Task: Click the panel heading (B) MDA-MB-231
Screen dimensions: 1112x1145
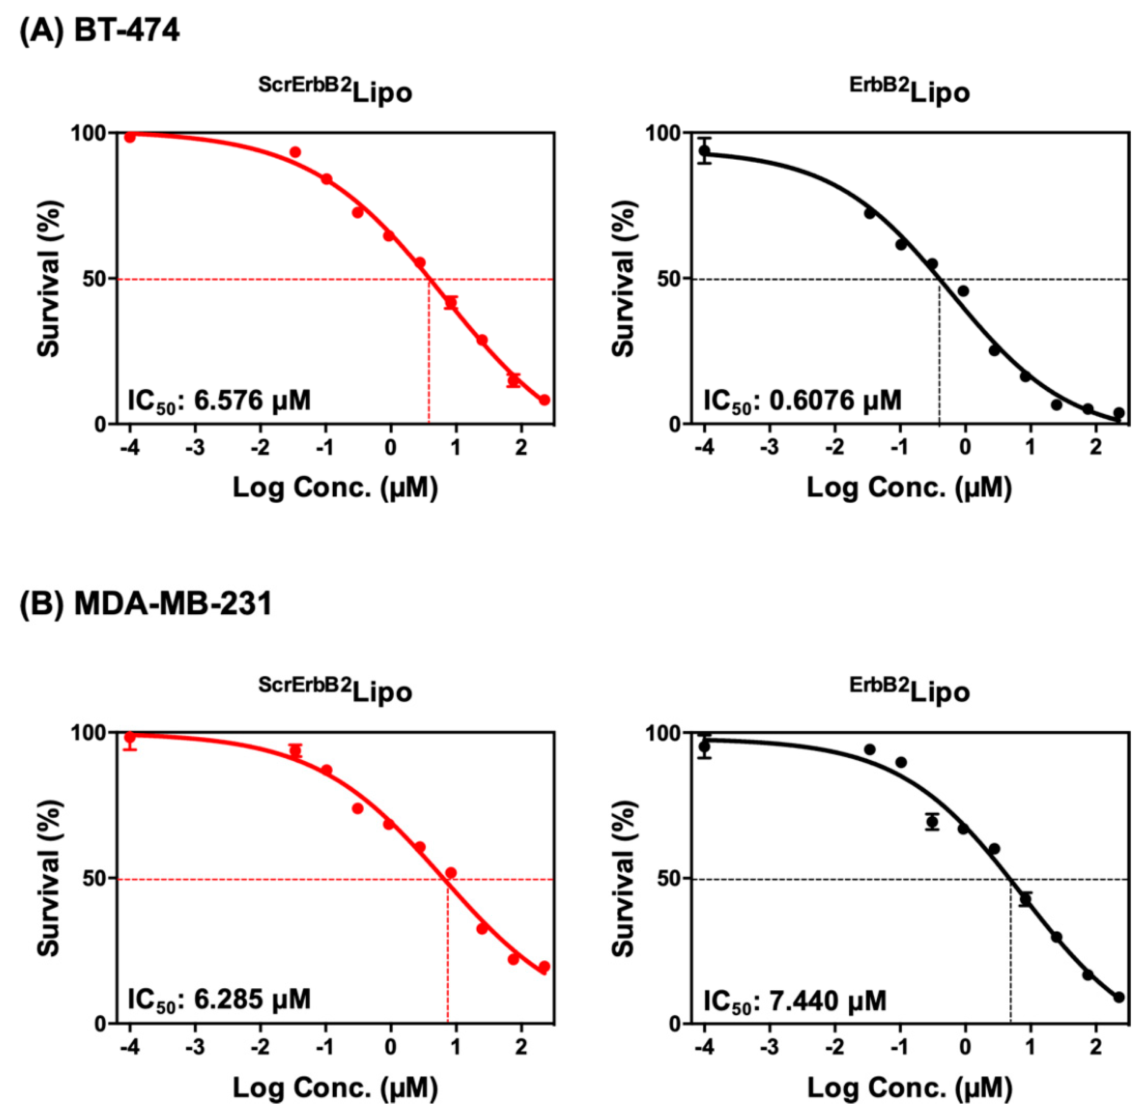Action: [x=146, y=603]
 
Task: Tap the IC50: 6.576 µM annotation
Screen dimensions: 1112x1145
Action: [x=219, y=401]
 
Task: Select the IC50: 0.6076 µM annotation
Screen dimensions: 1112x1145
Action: [x=802, y=401]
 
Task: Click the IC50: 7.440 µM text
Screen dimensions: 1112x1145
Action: [x=794, y=1001]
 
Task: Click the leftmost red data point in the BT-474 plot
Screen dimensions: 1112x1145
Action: [x=130, y=137]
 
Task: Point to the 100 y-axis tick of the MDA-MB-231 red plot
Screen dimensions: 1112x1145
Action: [x=89, y=733]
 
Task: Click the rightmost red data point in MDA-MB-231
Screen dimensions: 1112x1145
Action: [x=544, y=967]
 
